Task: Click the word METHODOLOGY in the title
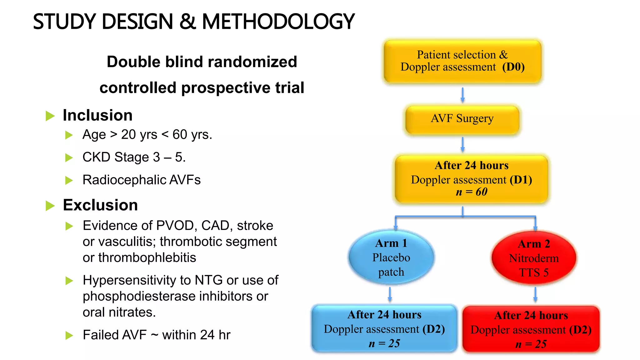(278, 22)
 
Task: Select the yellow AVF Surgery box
(462, 119)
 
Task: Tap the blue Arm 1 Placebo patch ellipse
(391, 257)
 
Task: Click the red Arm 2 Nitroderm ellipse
(534, 258)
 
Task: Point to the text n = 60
(471, 192)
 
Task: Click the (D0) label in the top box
(513, 67)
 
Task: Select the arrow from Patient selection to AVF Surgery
(462, 95)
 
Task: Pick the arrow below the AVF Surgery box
(462, 144)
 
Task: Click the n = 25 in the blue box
(384, 343)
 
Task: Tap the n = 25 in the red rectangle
(531, 344)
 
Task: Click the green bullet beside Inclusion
(50, 116)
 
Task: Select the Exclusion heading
(100, 205)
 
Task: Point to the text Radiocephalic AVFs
(141, 180)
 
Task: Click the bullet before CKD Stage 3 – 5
(69, 157)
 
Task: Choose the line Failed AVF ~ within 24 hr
(156, 335)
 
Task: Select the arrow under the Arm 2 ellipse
(535, 294)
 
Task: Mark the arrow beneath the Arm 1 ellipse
(390, 294)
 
